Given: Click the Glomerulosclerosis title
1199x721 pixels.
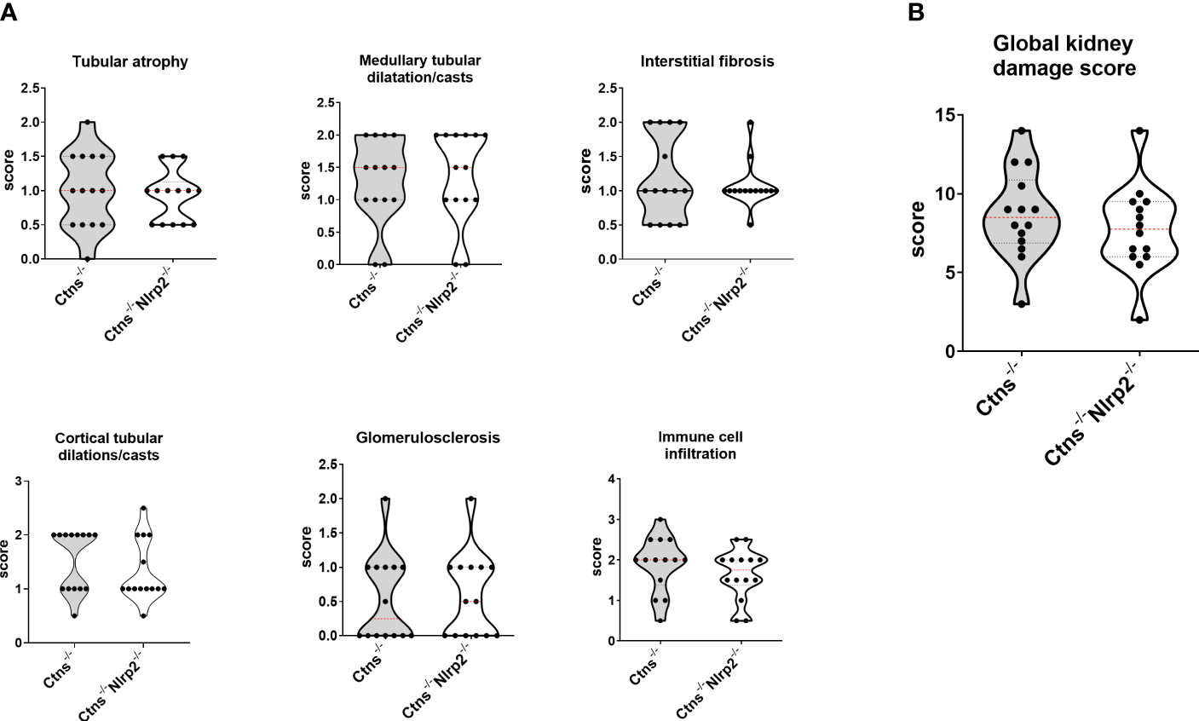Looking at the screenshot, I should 428,437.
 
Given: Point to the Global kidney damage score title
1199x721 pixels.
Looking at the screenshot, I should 1066,56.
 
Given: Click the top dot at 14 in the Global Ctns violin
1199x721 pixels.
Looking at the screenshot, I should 1022,130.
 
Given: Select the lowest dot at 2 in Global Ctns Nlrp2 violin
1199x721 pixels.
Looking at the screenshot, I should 1139,320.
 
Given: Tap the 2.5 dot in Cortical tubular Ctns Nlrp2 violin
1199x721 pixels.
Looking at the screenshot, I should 143,509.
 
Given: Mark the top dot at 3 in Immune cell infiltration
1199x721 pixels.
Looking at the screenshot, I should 660,519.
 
